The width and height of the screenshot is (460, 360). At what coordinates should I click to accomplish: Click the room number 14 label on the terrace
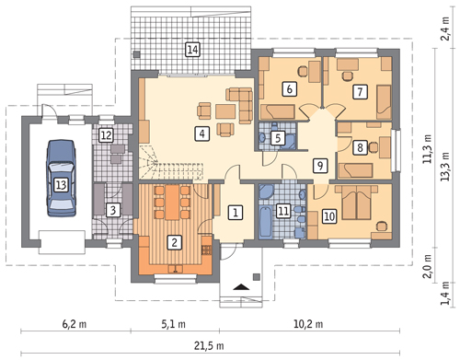point(192,50)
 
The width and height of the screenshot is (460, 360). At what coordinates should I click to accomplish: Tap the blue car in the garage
point(61,179)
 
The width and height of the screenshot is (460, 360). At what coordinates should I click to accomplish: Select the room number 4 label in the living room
point(202,134)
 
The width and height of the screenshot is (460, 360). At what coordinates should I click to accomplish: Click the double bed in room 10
point(356,203)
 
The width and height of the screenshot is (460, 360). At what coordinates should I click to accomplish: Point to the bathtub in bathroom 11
point(265,223)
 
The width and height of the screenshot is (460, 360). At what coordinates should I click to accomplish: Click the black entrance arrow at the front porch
point(241,287)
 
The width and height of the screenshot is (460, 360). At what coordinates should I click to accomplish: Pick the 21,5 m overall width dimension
point(209,346)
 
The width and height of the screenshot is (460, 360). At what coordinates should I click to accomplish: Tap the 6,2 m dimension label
point(75,324)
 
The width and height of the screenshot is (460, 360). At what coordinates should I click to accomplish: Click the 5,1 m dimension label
point(174,324)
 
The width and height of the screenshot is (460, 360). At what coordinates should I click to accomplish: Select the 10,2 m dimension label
point(308,324)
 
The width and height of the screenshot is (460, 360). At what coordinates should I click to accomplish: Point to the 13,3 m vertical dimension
point(444,167)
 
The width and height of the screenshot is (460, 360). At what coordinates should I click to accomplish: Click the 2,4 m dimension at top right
point(444,29)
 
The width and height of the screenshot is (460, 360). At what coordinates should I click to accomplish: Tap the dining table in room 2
point(172,203)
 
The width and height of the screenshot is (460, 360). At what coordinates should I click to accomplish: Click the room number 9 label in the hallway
point(320,166)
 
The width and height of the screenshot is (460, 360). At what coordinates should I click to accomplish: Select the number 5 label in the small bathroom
point(278,138)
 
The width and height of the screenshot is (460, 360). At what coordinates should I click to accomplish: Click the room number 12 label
point(106,135)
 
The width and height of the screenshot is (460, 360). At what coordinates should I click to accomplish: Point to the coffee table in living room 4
point(225,111)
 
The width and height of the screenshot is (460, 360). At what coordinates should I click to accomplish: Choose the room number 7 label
point(360,92)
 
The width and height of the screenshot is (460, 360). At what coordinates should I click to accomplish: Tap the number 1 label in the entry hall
point(236,213)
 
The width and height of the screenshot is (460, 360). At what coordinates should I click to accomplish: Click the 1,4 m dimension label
point(444,294)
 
